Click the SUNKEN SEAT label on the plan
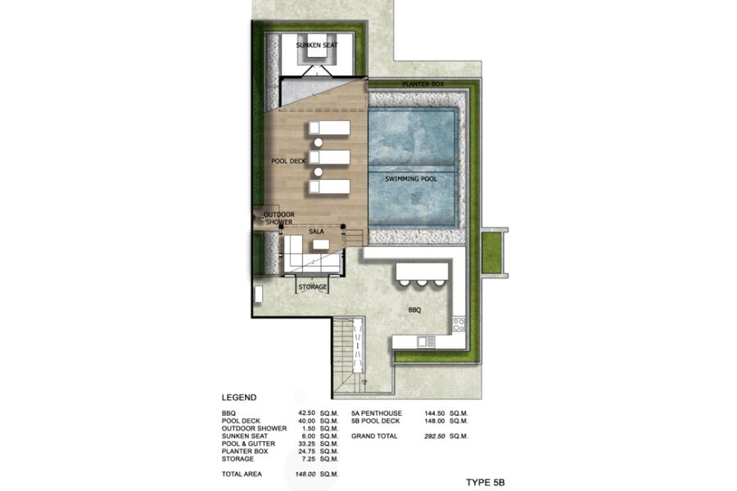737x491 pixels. pyautogui.click(x=317, y=45)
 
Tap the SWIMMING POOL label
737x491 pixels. pyautogui.click(x=411, y=179)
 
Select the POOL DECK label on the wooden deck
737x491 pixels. pyautogui.click(x=288, y=161)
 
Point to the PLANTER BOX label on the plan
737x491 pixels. pyautogui.click(x=423, y=84)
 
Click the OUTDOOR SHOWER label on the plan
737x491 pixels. pyautogui.click(x=279, y=218)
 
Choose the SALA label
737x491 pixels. pyautogui.click(x=316, y=232)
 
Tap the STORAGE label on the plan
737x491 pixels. pyautogui.click(x=313, y=286)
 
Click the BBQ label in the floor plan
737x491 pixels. pyautogui.click(x=414, y=310)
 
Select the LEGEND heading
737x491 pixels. pyautogui.click(x=239, y=398)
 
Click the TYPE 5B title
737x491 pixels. pyautogui.click(x=486, y=483)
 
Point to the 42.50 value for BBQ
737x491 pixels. pyautogui.click(x=306, y=413)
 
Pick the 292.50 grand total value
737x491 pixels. pyautogui.click(x=434, y=436)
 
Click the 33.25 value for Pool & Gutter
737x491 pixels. pyautogui.click(x=306, y=444)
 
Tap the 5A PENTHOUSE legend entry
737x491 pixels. pyautogui.click(x=377, y=413)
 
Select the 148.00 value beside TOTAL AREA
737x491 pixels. pyautogui.click(x=305, y=474)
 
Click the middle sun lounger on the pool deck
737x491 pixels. pyautogui.click(x=329, y=157)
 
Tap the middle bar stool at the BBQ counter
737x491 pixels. pyautogui.click(x=421, y=282)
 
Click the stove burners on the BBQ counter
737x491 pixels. pyautogui.click(x=459, y=325)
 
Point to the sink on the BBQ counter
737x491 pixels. pyautogui.click(x=427, y=341)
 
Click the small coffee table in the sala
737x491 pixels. pyautogui.click(x=322, y=245)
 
